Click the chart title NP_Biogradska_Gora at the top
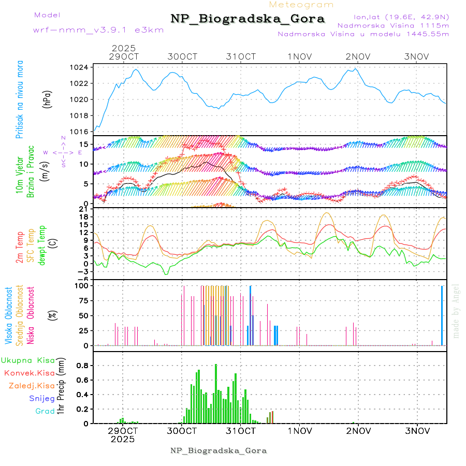(x=247, y=19)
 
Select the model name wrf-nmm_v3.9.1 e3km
(x=98, y=30)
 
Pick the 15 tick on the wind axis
(x=84, y=143)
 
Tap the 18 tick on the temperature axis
(x=84, y=216)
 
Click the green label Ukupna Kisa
(x=28, y=360)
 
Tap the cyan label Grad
(x=45, y=412)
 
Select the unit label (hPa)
(x=48, y=99)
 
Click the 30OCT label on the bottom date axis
(x=182, y=431)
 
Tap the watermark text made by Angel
(x=456, y=311)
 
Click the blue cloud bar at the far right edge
(x=442, y=315)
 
